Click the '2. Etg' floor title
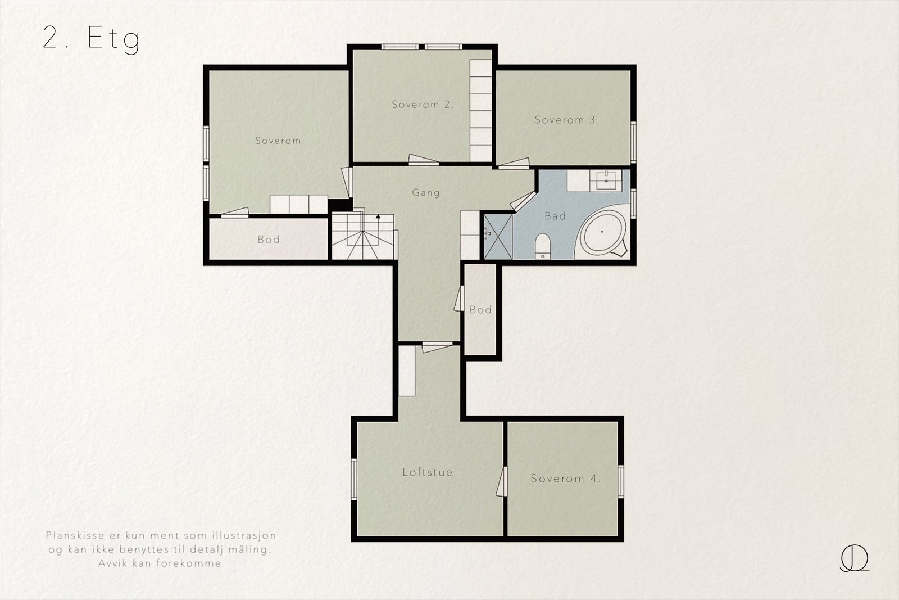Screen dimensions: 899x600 [91, 39]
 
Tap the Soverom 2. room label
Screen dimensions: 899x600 [423, 105]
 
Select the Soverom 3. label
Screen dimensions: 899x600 [567, 120]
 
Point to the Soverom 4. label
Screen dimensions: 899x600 [565, 479]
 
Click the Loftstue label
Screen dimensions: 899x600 [428, 472]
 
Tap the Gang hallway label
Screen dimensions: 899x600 [426, 193]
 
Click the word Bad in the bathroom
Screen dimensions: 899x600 [556, 216]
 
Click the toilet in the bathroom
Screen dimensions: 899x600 [543, 246]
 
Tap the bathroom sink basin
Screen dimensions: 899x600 [606, 181]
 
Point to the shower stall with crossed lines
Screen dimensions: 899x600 [498, 237]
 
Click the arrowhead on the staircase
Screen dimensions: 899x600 [378, 216]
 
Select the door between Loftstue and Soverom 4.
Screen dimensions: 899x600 [502, 481]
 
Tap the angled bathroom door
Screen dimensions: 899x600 [523, 201]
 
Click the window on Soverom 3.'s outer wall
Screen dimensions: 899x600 [633, 142]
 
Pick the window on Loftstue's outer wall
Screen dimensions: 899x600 [354, 480]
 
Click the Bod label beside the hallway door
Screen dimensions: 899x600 [480, 310]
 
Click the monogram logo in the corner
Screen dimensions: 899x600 [855, 558]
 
